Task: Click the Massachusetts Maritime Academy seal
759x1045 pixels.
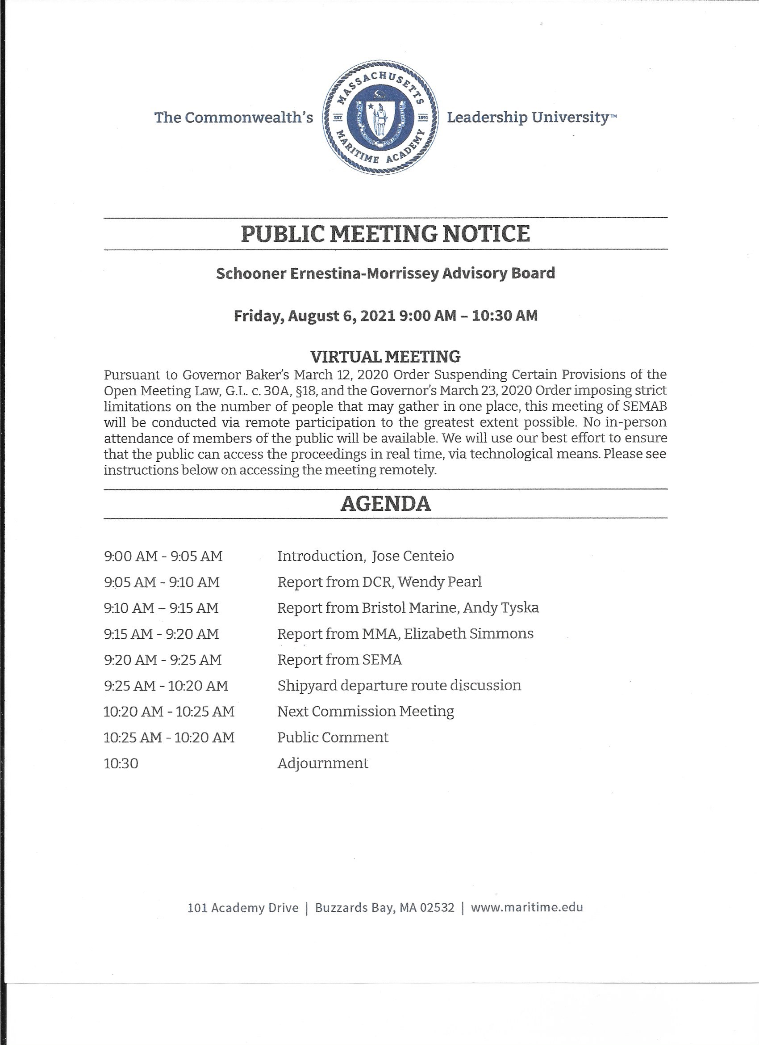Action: [x=380, y=117]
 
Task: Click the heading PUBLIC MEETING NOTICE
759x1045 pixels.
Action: [x=385, y=234]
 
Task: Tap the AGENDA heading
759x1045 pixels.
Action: [x=385, y=504]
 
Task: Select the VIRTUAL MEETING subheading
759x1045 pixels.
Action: [x=385, y=356]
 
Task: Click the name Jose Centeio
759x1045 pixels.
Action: [x=413, y=556]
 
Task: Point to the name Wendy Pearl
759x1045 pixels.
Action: [x=440, y=582]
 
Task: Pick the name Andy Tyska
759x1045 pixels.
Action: [x=501, y=608]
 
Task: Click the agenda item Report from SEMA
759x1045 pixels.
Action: [x=339, y=660]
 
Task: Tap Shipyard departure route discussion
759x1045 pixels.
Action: [x=399, y=686]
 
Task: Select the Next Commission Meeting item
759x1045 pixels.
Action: [x=366, y=712]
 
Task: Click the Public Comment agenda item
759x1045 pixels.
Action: [x=332, y=737]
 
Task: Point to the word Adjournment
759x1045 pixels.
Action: [x=323, y=763]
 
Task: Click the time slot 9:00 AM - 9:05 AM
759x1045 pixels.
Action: [x=163, y=556]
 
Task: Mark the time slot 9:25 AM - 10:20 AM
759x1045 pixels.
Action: [x=166, y=686]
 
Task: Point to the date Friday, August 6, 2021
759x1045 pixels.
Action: [x=314, y=316]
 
